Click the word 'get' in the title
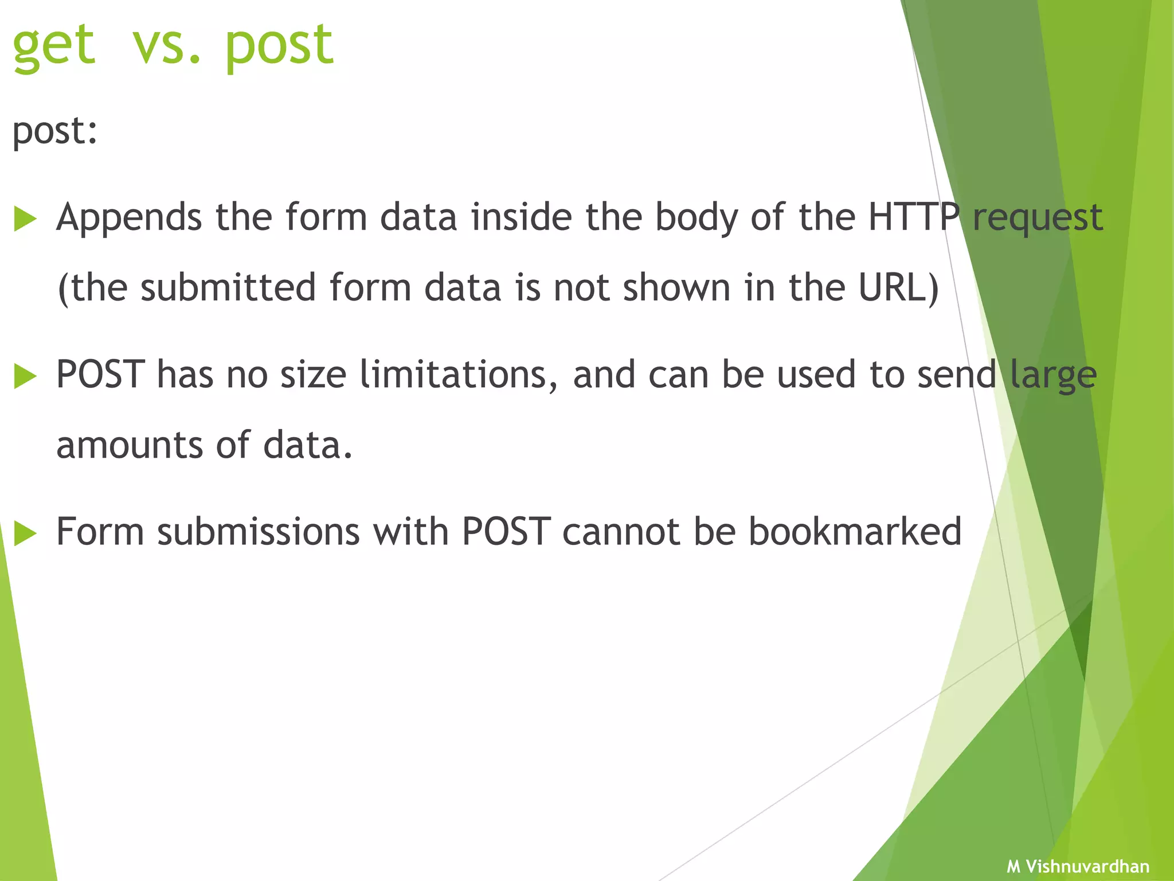point(53,46)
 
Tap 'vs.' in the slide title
point(166,46)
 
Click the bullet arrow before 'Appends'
point(25,219)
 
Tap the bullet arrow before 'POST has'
point(25,377)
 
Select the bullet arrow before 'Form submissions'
point(25,533)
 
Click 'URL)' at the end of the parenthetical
point(898,288)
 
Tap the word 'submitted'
point(228,288)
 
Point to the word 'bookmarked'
point(855,532)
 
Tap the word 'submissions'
point(259,532)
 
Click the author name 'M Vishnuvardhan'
point(1078,866)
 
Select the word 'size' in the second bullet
point(313,375)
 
